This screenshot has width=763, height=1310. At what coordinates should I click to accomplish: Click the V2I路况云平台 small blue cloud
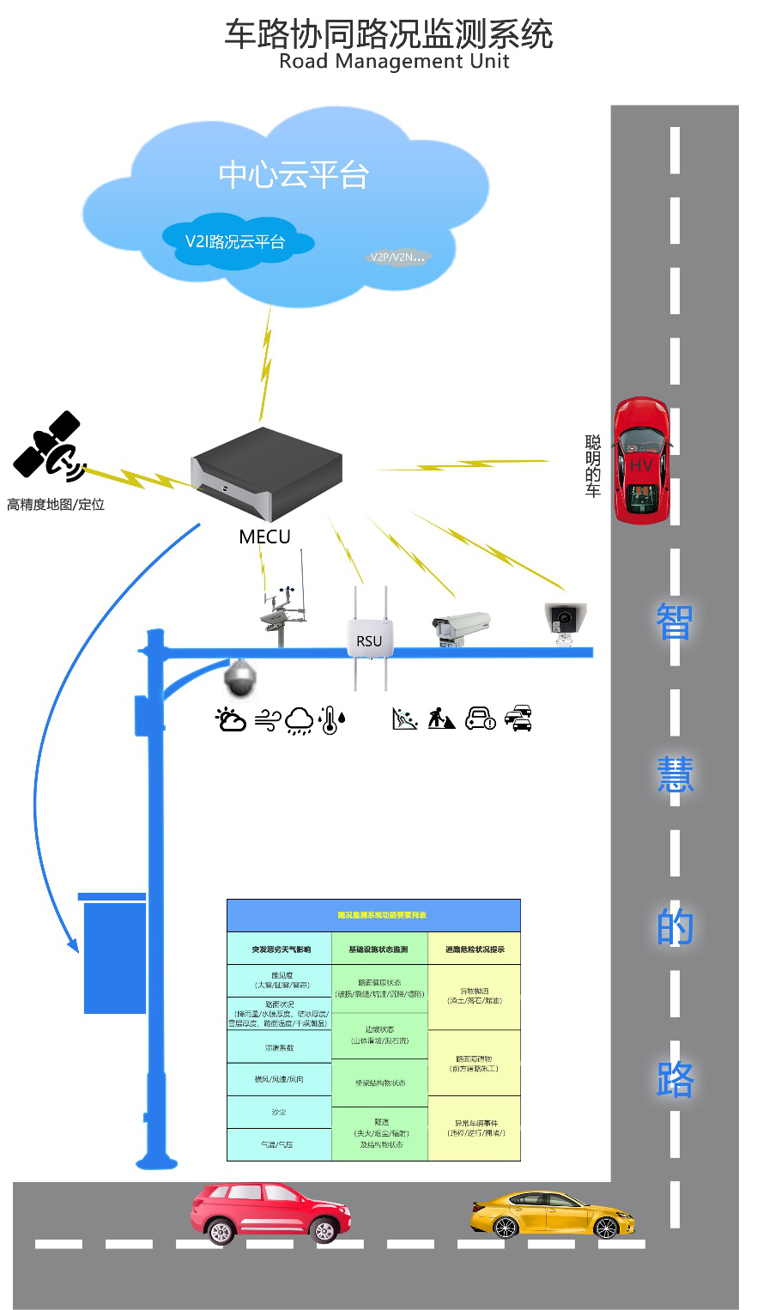235,241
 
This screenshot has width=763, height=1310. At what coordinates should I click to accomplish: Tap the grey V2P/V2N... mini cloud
397,257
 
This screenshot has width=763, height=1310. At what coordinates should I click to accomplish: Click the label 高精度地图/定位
56,505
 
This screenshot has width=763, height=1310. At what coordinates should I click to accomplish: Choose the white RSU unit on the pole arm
369,640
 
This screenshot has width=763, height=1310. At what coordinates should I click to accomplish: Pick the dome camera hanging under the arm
239,678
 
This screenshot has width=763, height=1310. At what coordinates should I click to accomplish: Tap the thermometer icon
331,719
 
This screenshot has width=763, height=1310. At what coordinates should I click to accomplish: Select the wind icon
267,721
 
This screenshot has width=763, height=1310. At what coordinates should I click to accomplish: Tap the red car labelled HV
641,460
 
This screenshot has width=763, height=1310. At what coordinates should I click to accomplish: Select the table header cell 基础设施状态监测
378,949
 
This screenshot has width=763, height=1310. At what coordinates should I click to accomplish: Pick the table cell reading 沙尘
279,1113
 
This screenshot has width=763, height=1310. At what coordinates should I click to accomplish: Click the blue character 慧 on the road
675,774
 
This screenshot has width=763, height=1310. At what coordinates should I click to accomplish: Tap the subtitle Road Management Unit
394,62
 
